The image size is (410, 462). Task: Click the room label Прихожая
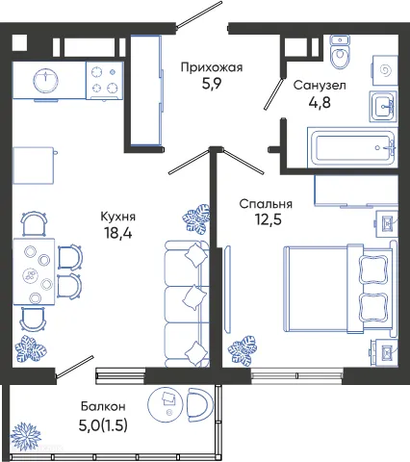(212, 67)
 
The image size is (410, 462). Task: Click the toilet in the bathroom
(339, 57)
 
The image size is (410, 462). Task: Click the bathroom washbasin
(382, 105)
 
